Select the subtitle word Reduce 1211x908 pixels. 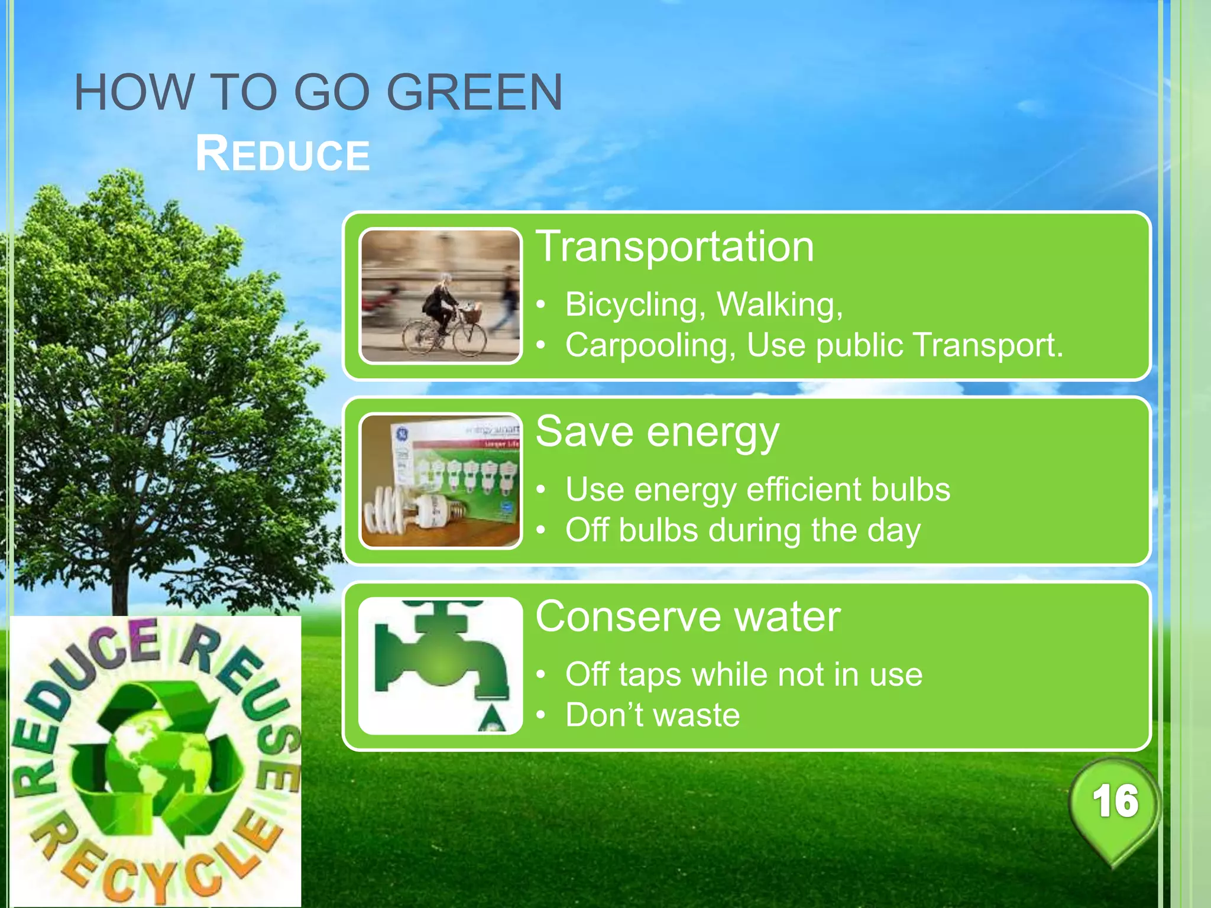click(x=283, y=154)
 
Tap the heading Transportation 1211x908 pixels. click(x=675, y=247)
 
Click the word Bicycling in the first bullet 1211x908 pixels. click(x=632, y=304)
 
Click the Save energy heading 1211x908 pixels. click(x=657, y=432)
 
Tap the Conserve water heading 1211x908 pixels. click(x=688, y=617)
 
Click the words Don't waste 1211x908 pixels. click(x=652, y=715)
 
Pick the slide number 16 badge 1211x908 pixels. click(x=1115, y=803)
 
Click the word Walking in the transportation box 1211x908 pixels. click(x=779, y=304)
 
